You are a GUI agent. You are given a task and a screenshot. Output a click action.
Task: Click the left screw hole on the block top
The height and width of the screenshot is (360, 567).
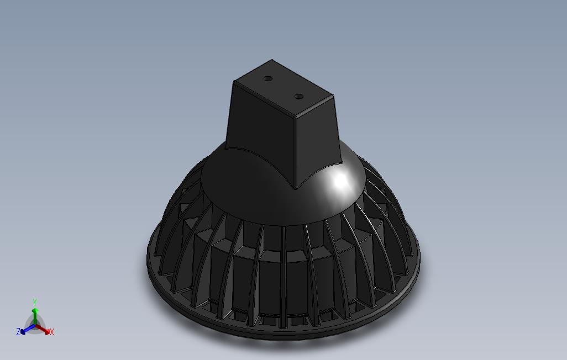(268, 79)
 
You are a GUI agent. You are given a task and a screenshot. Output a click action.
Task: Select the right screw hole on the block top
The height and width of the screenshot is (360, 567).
(299, 97)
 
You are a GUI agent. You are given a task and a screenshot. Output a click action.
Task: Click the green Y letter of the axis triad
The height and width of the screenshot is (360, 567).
(34, 303)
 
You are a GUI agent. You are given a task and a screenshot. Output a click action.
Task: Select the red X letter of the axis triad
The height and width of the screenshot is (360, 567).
(51, 332)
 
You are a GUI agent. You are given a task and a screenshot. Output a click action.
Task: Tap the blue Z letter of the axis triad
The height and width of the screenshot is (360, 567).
(18, 332)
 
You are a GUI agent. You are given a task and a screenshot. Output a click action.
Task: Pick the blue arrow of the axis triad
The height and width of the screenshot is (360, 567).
(25, 330)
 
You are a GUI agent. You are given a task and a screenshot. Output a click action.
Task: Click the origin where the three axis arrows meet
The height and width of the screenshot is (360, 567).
(34, 326)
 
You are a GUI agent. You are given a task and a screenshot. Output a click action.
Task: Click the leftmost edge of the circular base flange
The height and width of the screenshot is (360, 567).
(148, 257)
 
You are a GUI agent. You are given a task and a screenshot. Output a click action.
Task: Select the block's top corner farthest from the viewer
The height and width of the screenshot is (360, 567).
(271, 60)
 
